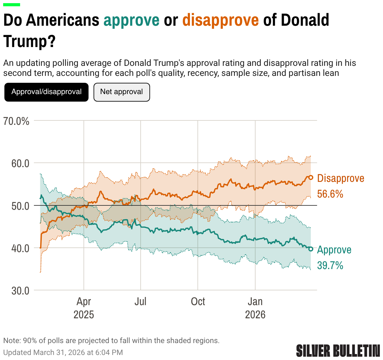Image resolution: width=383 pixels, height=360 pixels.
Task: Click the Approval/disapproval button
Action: point(46,92)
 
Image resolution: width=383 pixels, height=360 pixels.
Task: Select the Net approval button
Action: point(121,92)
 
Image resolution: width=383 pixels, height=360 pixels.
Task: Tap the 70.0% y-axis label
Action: point(16,121)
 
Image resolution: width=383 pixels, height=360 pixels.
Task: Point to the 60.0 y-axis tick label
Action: point(20,163)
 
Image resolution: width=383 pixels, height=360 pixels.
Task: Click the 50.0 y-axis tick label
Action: point(20,206)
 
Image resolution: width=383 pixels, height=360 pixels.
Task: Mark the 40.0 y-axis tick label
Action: point(20,248)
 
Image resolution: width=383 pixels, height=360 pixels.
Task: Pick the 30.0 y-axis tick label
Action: point(20,291)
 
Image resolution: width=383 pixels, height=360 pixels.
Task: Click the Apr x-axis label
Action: point(84,302)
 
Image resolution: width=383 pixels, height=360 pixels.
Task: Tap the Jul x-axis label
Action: point(140,302)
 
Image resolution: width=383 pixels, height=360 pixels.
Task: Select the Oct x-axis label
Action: point(198,302)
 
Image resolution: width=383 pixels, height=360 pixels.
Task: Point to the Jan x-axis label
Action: point(255,302)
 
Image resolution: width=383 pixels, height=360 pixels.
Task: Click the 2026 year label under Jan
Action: point(255,315)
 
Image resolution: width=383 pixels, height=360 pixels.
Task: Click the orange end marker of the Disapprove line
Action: point(311,177)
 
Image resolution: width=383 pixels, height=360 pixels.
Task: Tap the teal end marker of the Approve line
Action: point(311,249)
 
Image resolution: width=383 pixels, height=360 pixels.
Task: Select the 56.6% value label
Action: point(330,194)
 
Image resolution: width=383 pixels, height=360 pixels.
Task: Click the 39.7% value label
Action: point(330,265)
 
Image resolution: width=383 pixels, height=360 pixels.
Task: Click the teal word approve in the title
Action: point(132,20)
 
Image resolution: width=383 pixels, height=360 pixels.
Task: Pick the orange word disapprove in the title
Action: point(221,20)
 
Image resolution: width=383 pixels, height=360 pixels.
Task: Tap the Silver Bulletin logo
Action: point(338,351)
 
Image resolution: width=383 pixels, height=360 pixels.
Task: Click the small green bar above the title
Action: point(12,5)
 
